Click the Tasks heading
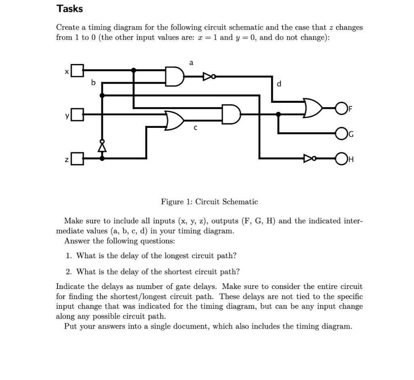[70, 8]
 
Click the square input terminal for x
[78, 71]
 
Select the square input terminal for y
[78, 115]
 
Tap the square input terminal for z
[78, 158]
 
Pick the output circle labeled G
[341, 133]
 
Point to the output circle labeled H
[341, 158]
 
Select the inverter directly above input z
[102, 146]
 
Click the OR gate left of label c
[174, 120]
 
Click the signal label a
[191, 62]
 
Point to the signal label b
[93, 83]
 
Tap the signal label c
[195, 128]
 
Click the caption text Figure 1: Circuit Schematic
[209, 202]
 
